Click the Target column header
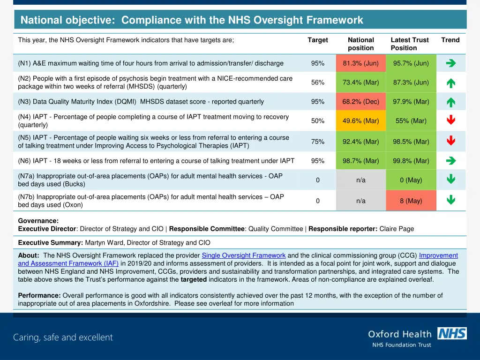(x=317, y=40)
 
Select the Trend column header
(x=450, y=40)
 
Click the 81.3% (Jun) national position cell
(x=360, y=63)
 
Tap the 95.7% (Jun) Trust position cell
(x=411, y=63)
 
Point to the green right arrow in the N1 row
(x=451, y=63)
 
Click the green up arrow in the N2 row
(x=451, y=83)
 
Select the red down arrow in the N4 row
(x=451, y=120)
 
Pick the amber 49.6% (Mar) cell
(x=360, y=121)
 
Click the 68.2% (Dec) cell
(x=360, y=102)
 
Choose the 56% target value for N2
(x=317, y=82)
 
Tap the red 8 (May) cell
(x=411, y=201)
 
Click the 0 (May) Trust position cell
(x=411, y=180)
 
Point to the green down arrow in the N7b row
(x=451, y=200)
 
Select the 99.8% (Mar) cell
(x=411, y=161)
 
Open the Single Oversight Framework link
(x=243, y=255)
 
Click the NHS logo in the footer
(x=451, y=333)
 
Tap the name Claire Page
(x=397, y=229)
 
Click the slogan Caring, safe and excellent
(x=63, y=337)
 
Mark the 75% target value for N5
(x=317, y=142)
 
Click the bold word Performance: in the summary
(x=39, y=295)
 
